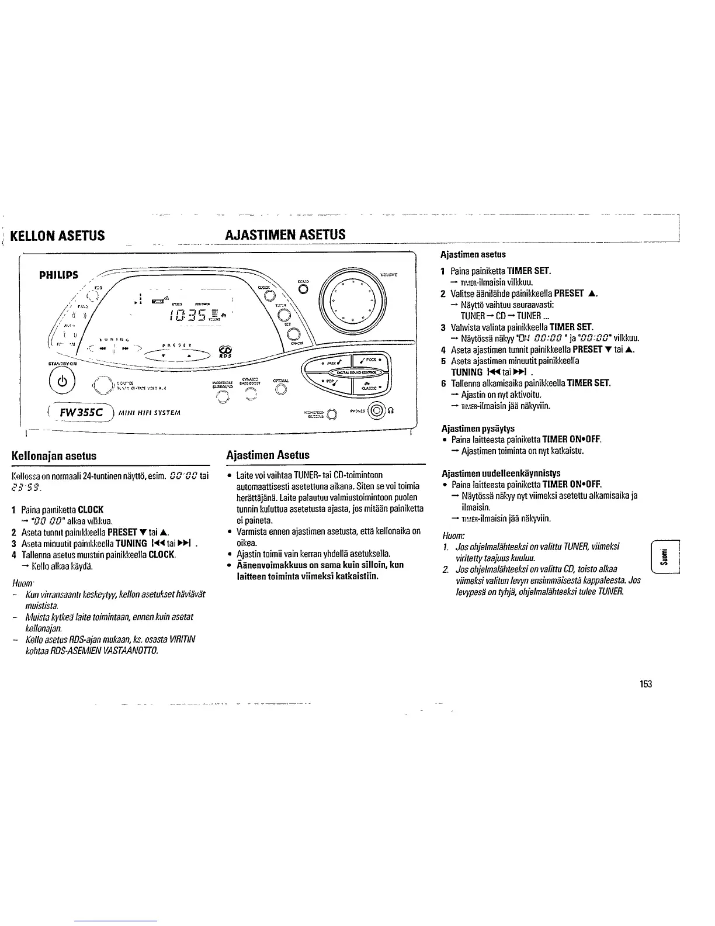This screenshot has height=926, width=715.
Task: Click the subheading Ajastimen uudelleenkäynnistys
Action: [501, 472]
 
